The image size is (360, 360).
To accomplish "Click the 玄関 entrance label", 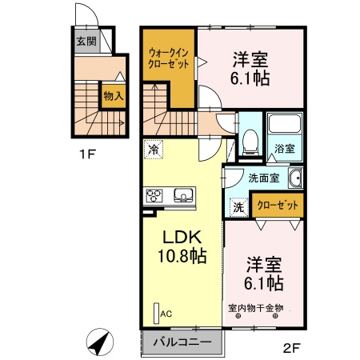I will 86,42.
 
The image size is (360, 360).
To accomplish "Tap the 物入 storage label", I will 114,95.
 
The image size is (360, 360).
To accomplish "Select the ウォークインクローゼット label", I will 168,57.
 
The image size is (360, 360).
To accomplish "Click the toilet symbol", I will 249,142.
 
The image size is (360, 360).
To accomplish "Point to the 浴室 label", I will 285,149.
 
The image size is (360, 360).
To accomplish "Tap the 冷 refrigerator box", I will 153,148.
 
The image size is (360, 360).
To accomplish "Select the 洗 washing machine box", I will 238,207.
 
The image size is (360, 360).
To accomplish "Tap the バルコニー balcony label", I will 183,342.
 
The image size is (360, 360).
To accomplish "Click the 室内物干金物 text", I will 255,307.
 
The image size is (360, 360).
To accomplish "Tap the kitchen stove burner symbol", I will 154,194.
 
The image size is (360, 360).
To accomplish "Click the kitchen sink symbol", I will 182,194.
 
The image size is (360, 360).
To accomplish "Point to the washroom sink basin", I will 295,179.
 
